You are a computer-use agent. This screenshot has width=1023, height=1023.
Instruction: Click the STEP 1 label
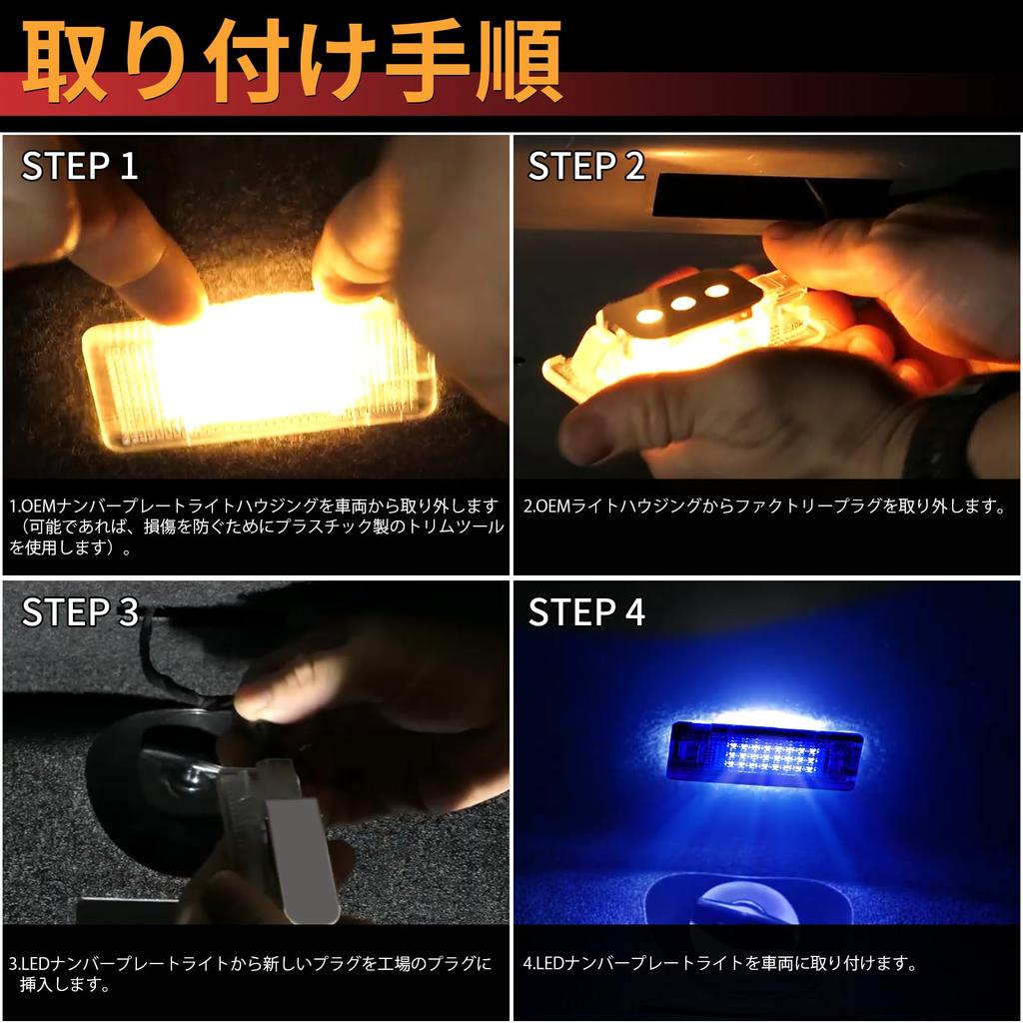click(80, 166)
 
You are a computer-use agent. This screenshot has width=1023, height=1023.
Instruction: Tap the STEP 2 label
click(585, 166)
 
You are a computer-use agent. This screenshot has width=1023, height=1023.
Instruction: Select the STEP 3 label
click(80, 612)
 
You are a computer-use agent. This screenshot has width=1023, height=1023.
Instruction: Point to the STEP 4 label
click(585, 612)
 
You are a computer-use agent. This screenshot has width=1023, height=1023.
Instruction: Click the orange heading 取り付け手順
click(292, 62)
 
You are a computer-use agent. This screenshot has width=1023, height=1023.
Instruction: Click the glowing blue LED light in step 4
click(764, 755)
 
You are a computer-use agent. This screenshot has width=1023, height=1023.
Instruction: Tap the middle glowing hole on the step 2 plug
click(683, 303)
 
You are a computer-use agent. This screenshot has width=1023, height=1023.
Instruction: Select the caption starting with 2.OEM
click(764, 507)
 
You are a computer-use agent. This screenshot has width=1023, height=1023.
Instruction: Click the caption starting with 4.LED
click(720, 963)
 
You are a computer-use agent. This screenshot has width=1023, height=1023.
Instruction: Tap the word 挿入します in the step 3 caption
click(65, 984)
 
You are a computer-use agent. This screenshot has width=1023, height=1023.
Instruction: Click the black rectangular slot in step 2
click(770, 195)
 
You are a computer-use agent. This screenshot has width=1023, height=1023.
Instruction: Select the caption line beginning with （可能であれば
click(257, 527)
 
